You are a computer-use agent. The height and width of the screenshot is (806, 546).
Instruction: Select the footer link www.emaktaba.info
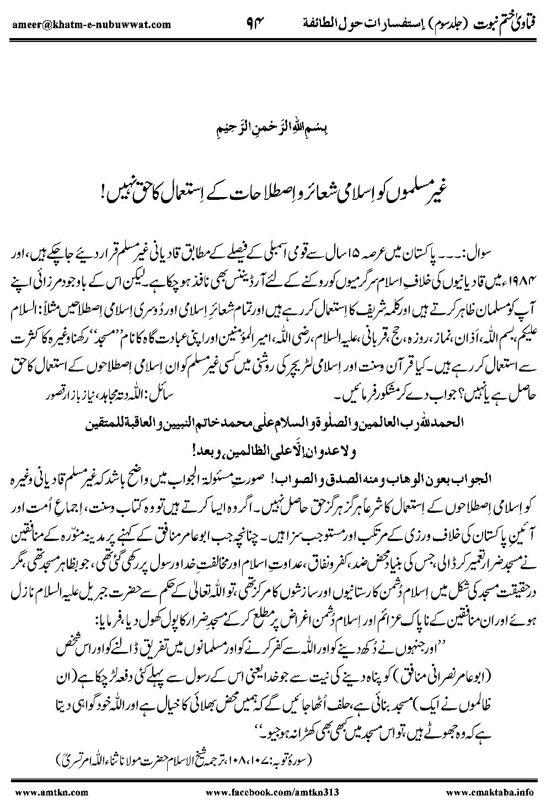pyautogui.click(x=489, y=792)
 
